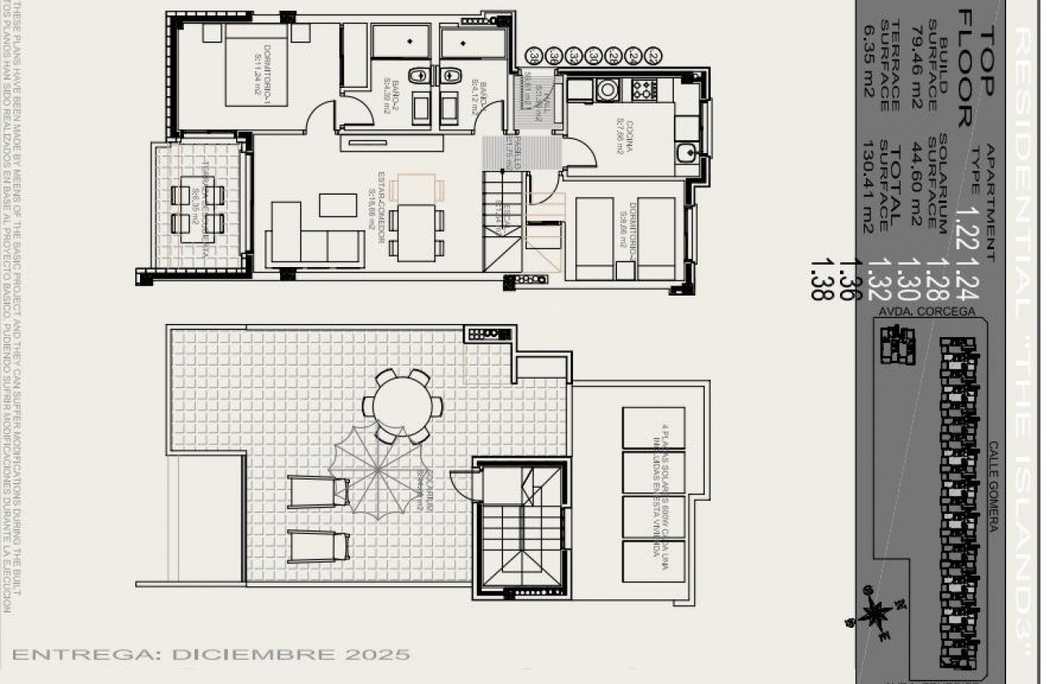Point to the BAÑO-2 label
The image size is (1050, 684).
point(392,98)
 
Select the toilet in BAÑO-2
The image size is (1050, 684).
point(417,76)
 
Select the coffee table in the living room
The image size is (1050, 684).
point(338,204)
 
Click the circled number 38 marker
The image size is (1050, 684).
point(534,56)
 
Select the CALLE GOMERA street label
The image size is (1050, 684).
point(993,487)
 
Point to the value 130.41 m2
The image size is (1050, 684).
point(867,186)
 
